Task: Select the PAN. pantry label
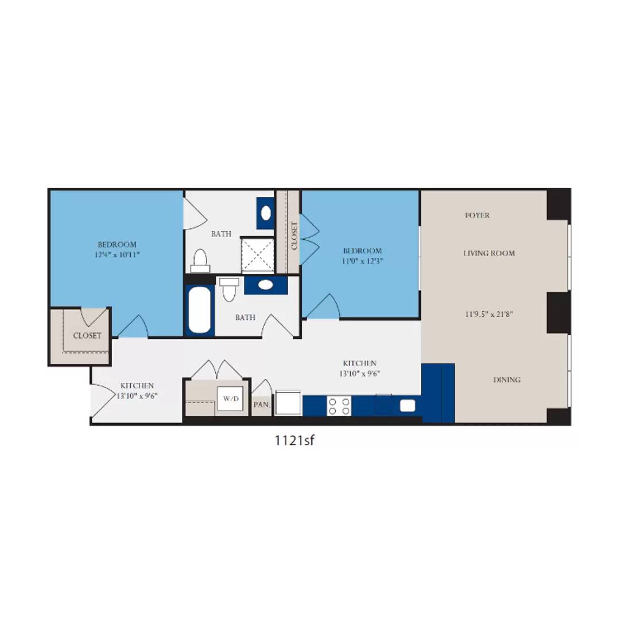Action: pyautogui.click(x=261, y=404)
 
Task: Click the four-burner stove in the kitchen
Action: pyautogui.click(x=339, y=406)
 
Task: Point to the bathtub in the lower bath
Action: pyautogui.click(x=200, y=310)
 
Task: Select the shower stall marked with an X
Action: pyautogui.click(x=258, y=254)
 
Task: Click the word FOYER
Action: pyautogui.click(x=477, y=215)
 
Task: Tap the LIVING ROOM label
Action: pyautogui.click(x=489, y=253)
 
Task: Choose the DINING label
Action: pyautogui.click(x=507, y=379)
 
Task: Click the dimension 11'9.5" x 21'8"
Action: pyautogui.click(x=489, y=314)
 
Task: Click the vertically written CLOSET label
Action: pyautogui.click(x=294, y=236)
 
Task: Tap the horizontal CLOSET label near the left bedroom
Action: pyautogui.click(x=87, y=335)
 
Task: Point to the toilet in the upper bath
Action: pyautogui.click(x=200, y=261)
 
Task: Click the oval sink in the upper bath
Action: pyautogui.click(x=266, y=213)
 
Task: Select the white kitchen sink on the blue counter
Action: pyautogui.click(x=408, y=406)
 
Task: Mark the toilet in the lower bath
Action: pyautogui.click(x=230, y=289)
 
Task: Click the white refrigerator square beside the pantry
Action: pyautogui.click(x=288, y=402)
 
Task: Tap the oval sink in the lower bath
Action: pyautogui.click(x=265, y=285)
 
